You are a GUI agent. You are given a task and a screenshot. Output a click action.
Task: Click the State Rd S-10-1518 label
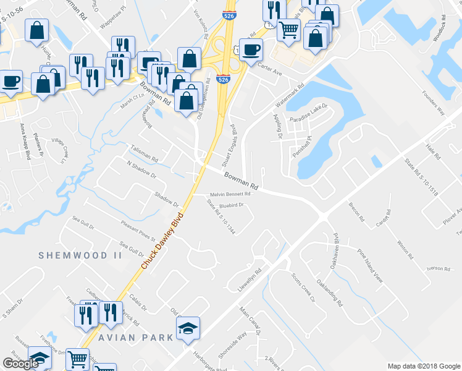coord(421,177)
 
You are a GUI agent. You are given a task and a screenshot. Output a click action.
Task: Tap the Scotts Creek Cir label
coord(303,288)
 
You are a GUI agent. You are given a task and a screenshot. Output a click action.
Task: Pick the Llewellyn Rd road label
coord(250,279)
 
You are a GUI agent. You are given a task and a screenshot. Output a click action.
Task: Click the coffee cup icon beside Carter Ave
coord(251,49)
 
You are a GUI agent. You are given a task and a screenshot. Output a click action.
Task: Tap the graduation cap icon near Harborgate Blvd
coord(188,329)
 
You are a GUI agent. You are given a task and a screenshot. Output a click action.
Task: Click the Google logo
coord(21,364)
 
